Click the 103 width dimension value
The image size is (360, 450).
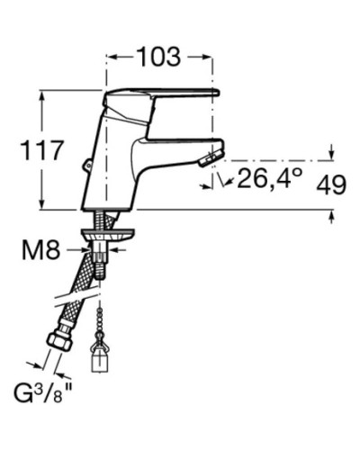coord(159,57)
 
